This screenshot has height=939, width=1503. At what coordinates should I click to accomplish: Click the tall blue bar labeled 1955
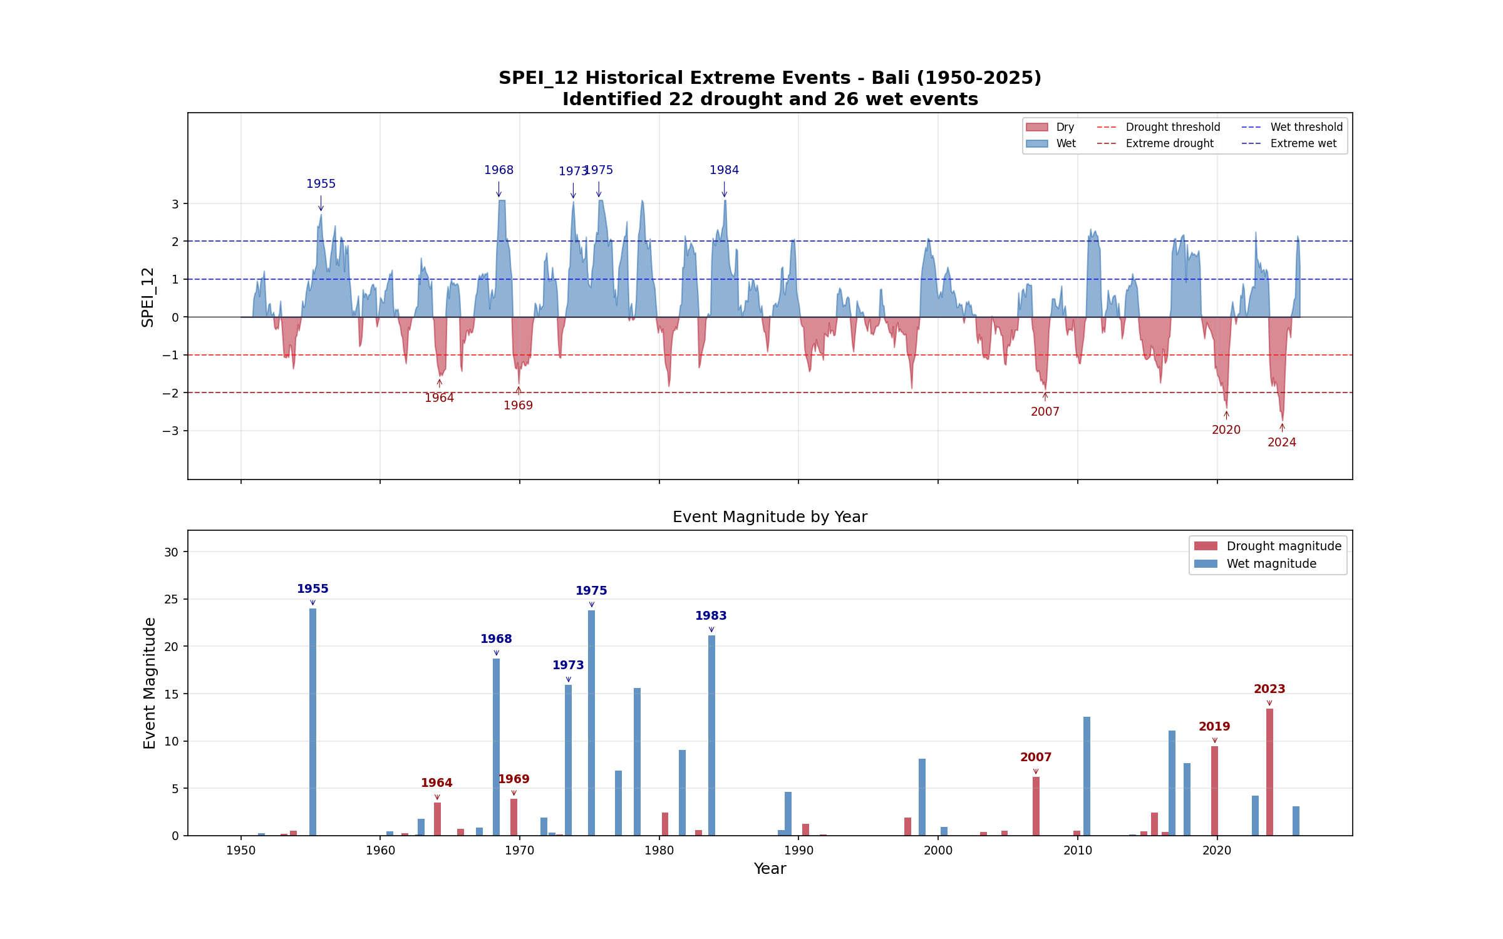[312, 722]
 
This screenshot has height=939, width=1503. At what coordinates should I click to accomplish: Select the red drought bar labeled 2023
[1269, 772]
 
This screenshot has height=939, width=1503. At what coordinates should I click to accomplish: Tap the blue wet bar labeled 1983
[711, 736]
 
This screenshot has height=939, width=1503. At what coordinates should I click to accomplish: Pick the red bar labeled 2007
[1036, 806]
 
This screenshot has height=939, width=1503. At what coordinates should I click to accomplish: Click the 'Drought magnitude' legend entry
[1268, 546]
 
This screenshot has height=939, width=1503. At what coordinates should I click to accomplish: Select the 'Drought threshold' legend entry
[1159, 127]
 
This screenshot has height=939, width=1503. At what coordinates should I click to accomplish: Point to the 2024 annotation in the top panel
[1282, 442]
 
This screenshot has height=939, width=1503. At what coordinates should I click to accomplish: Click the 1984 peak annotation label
[724, 170]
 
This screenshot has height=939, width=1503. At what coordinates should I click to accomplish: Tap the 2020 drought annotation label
[1226, 429]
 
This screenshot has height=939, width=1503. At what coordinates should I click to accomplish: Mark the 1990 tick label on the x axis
[798, 850]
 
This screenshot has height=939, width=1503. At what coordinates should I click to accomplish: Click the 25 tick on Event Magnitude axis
[171, 599]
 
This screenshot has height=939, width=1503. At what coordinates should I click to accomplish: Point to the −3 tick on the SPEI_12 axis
[170, 431]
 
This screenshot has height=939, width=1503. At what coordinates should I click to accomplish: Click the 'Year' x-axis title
[770, 868]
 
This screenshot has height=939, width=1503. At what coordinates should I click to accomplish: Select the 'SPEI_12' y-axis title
[148, 297]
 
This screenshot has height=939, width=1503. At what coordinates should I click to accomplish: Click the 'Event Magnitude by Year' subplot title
[770, 516]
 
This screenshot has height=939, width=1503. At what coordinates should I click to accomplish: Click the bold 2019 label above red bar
[1214, 726]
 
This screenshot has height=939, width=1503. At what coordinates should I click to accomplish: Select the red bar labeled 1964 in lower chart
[437, 819]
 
